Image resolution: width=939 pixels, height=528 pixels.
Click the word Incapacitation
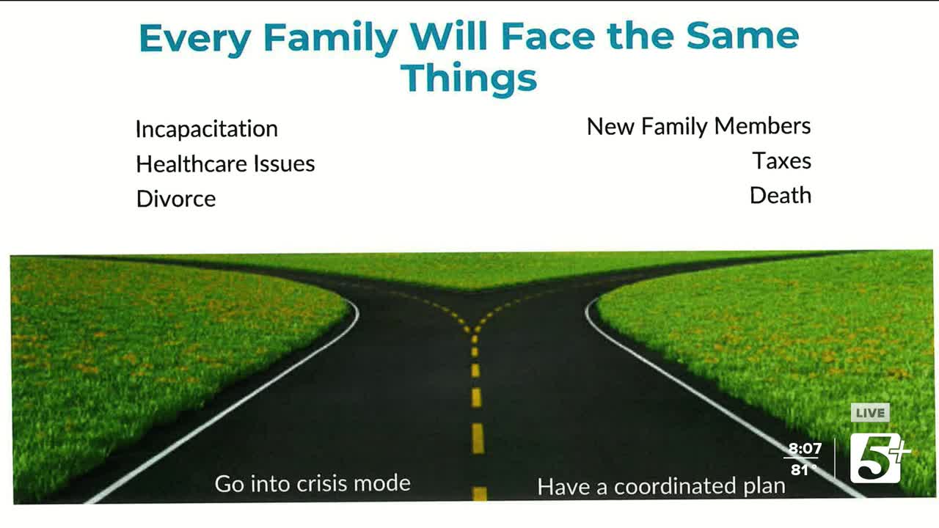207,128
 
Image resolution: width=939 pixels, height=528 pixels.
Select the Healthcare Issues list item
225,164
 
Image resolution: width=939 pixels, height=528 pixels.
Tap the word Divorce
176,199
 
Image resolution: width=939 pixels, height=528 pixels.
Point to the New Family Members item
699,126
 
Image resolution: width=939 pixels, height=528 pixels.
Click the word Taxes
782,161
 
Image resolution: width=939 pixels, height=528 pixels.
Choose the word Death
781,195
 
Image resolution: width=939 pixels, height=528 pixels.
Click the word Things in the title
469,78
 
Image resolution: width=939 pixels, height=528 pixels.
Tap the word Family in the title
330,38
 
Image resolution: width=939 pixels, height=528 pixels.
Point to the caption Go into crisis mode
313,483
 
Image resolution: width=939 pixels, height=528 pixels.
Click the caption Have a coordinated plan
662,486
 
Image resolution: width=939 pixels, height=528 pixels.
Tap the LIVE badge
870,413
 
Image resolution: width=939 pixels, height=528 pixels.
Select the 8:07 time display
805,449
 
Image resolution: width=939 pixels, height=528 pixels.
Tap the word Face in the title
548,37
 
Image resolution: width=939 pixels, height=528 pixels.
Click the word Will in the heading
448,37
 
